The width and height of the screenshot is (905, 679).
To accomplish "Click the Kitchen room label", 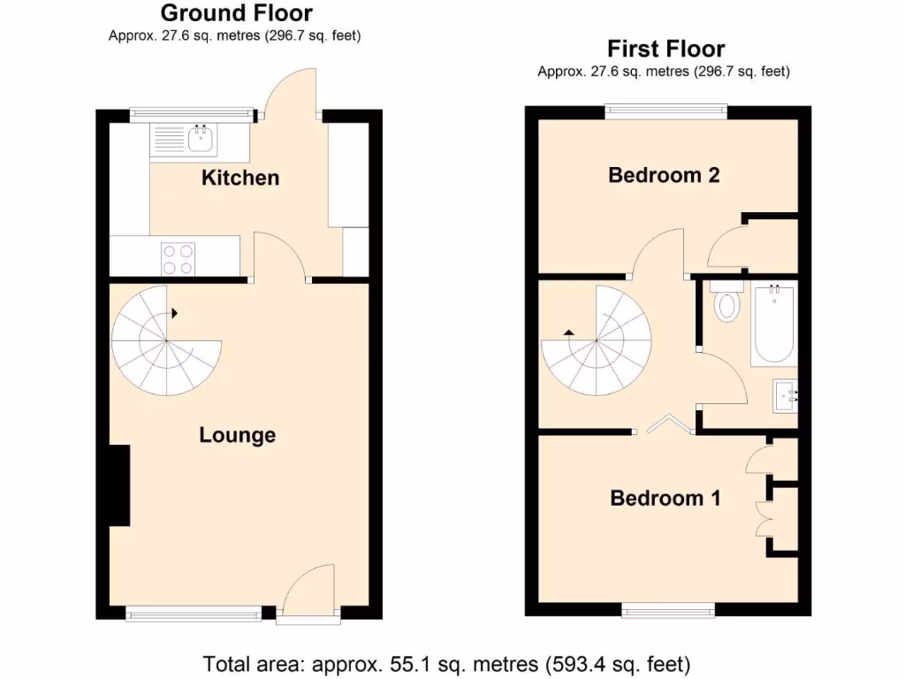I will point(240,178).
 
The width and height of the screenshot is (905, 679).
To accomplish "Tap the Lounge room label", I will point(237,435).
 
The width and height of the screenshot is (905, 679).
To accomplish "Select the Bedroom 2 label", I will point(664,175).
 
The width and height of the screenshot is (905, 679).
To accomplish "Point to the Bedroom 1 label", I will point(665,498).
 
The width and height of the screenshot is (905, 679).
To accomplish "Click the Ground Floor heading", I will point(236,13).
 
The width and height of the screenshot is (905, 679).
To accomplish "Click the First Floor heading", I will point(665,49).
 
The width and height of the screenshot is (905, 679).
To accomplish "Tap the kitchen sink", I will point(201,139).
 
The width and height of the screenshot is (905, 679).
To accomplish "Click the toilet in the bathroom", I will point(727,302).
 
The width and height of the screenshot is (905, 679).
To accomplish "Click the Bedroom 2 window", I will point(666,111).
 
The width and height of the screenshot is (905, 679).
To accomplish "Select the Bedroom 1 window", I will point(668,610).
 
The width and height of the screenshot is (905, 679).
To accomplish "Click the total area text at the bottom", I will point(446,663).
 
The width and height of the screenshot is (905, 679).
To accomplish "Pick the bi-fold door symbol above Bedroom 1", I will point(665,425).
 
